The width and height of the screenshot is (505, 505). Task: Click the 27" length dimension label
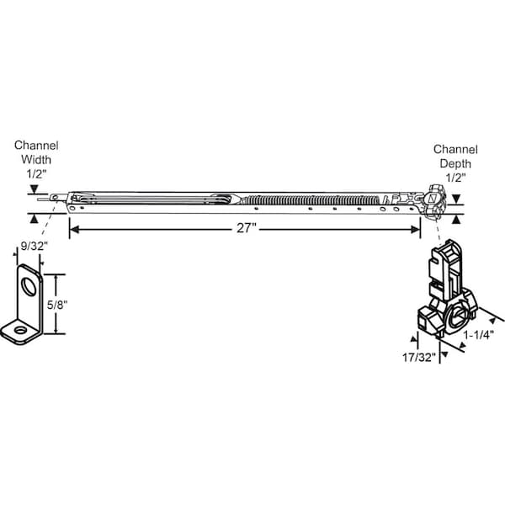[x=245, y=229]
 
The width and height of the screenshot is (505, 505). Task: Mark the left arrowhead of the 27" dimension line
[x=73, y=229]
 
